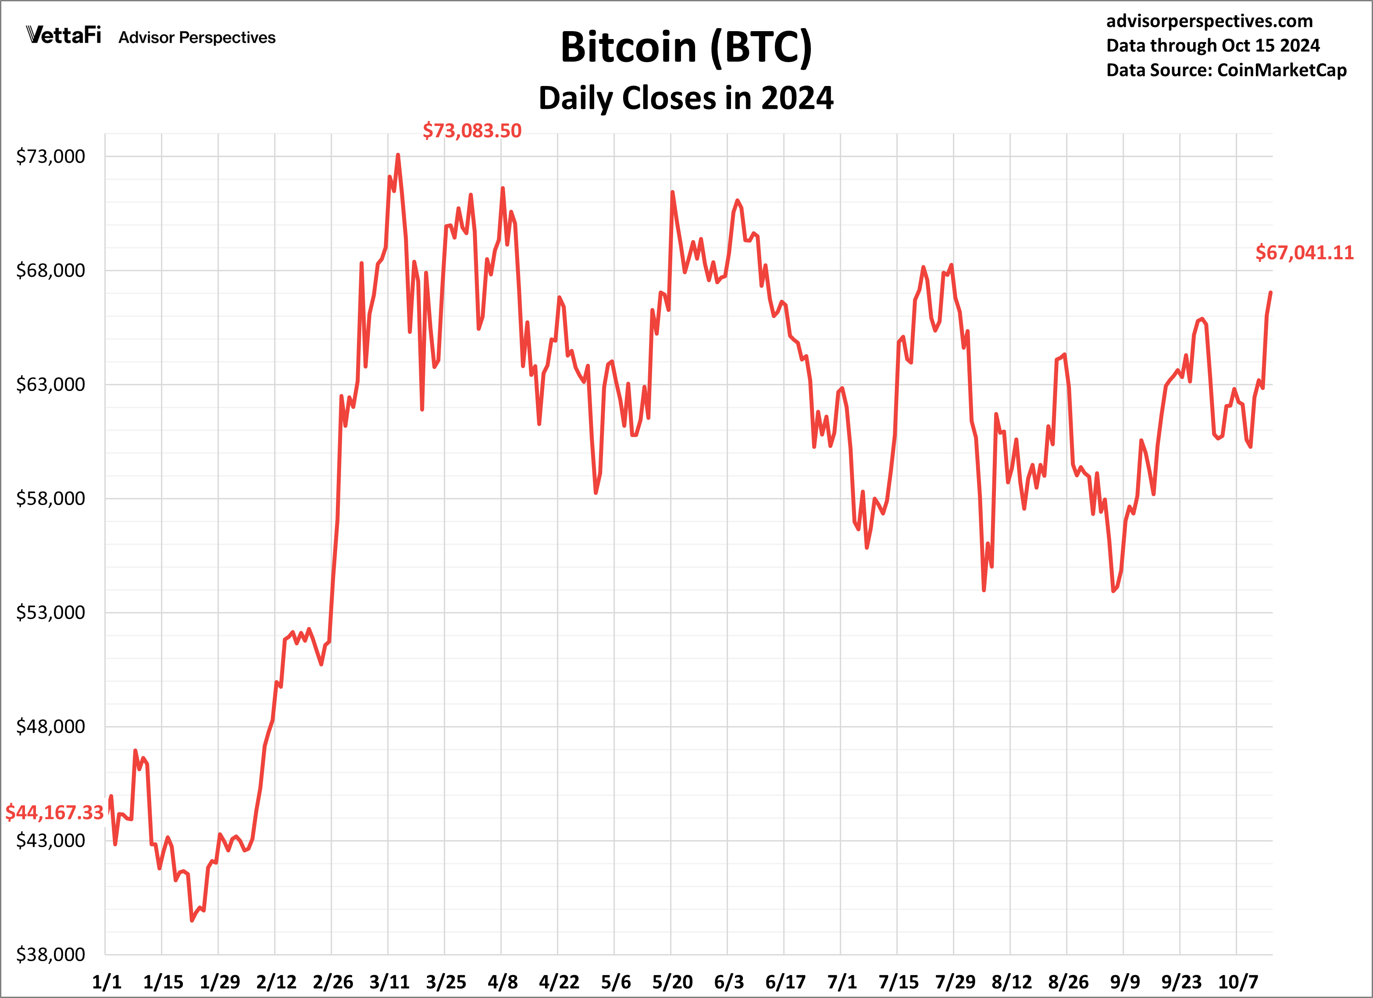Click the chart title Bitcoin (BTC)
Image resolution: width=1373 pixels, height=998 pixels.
pyautogui.click(x=686, y=47)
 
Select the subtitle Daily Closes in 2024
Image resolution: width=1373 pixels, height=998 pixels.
pyautogui.click(x=686, y=98)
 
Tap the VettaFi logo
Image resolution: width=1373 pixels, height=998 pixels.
pyautogui.click(x=64, y=35)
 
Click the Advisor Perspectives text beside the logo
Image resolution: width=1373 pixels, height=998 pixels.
pyautogui.click(x=197, y=38)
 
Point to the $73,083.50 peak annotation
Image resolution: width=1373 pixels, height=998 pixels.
pyautogui.click(x=471, y=131)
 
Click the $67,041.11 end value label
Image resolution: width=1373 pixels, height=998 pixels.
pyautogui.click(x=1304, y=253)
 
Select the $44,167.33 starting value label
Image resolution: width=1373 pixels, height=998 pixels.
pyautogui.click(x=54, y=812)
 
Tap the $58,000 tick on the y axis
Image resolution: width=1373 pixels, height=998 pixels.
pyautogui.click(x=50, y=498)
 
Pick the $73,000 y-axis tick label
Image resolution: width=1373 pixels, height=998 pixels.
pyautogui.click(x=50, y=156)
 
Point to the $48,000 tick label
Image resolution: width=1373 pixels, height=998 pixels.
pyautogui.click(x=50, y=726)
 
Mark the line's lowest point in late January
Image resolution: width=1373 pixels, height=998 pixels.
pyautogui.click(x=192, y=920)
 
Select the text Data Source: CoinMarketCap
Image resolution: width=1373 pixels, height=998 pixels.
pyautogui.click(x=1226, y=70)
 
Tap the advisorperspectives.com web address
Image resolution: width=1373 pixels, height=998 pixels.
pyautogui.click(x=1209, y=21)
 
